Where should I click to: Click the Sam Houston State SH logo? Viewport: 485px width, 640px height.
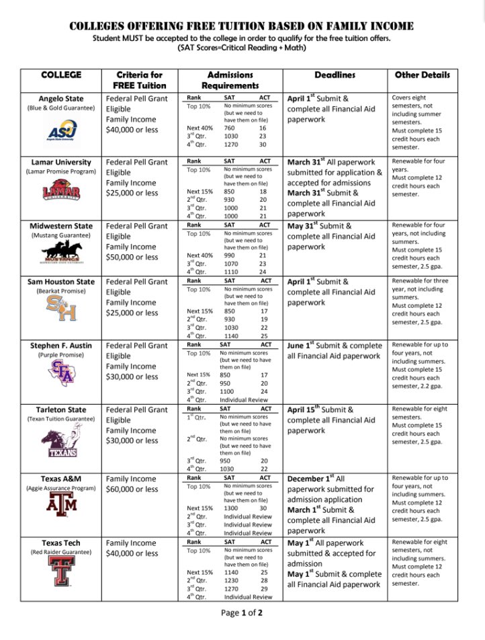61,310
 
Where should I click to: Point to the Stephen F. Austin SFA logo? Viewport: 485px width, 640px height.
61,374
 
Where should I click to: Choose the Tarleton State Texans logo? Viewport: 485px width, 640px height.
61,442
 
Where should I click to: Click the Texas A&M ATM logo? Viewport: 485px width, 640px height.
61,504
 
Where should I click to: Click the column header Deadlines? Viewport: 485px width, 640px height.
335,75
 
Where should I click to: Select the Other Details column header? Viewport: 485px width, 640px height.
426,75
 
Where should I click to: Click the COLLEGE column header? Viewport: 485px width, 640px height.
61,75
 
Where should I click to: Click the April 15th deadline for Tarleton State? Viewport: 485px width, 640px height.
312,409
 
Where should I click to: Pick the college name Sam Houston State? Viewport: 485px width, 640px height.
61,282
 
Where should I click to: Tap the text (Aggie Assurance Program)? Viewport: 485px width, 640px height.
61,489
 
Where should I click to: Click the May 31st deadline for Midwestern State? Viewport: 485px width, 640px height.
310,226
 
